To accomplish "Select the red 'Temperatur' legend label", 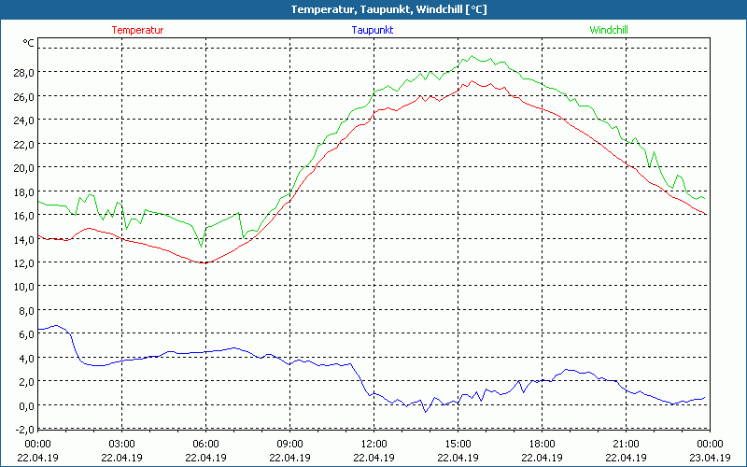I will click(x=137, y=30).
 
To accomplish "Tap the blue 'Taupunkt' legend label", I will click(x=372, y=30).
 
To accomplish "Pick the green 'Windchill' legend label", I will click(x=608, y=30).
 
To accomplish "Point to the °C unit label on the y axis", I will click(x=29, y=43).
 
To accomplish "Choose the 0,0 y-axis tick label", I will click(x=26, y=405).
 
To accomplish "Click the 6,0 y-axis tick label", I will click(x=26, y=333).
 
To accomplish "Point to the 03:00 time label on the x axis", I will click(x=122, y=444).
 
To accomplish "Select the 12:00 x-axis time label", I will click(x=373, y=444).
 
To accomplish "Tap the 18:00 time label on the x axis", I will click(x=541, y=444).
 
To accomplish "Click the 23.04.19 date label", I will click(x=708, y=458).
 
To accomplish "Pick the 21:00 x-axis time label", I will click(x=625, y=444).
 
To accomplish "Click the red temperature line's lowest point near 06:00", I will click(x=204, y=262).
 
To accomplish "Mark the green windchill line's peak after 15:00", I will click(x=472, y=56).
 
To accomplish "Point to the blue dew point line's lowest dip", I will click(x=426, y=412).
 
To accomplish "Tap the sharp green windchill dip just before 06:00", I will click(x=201, y=247).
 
